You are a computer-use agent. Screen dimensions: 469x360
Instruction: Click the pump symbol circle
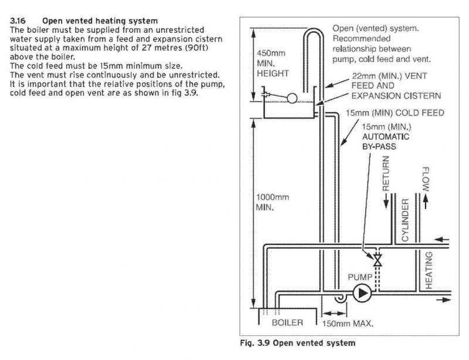tap(362, 293)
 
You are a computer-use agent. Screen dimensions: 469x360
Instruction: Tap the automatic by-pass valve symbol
tap(378, 260)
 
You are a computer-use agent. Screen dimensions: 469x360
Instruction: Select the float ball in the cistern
tap(292, 98)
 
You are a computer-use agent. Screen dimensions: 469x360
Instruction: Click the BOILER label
tap(287, 322)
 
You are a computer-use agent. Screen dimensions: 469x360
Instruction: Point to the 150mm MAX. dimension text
tap(348, 324)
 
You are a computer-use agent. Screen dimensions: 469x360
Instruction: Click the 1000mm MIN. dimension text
tap(273, 202)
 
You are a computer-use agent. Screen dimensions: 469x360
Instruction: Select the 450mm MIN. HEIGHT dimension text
tap(273, 63)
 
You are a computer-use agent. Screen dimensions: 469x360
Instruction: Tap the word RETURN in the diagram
tap(386, 174)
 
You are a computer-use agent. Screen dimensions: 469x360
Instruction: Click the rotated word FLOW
tap(426, 179)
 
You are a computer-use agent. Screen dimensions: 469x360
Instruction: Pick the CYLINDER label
tap(405, 220)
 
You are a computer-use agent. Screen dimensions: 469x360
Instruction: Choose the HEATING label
tap(429, 270)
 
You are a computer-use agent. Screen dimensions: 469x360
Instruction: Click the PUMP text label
tap(360, 277)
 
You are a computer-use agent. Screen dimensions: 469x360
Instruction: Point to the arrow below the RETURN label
tap(386, 201)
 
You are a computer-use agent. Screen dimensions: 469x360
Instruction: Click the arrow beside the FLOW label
tap(426, 202)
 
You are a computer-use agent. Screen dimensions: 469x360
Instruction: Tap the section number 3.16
tap(18, 21)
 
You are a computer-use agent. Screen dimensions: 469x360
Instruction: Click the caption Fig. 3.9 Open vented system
tap(298, 343)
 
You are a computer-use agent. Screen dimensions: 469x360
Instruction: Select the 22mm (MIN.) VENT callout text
tap(389, 76)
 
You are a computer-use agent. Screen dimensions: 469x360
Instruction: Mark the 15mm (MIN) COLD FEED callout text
tap(395, 113)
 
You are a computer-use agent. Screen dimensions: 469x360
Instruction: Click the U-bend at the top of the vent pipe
tap(314, 32)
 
